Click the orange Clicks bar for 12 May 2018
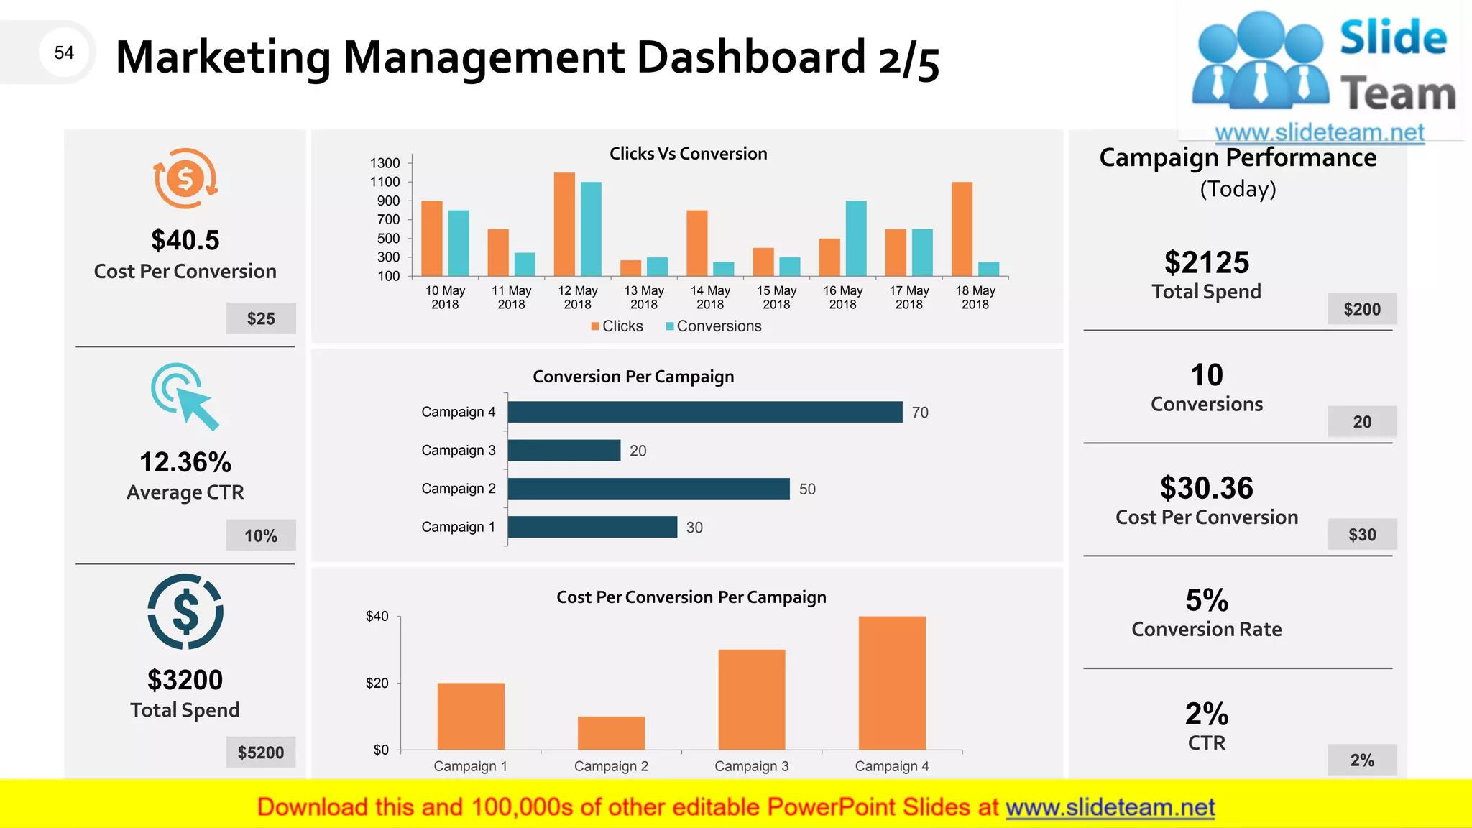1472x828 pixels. tap(564, 224)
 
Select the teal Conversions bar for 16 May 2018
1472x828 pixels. tap(856, 239)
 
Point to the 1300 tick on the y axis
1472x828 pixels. tap(385, 163)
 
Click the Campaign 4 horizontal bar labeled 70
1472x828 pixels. tap(704, 412)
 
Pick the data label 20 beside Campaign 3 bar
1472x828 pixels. tap(638, 451)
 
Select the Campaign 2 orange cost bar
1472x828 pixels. tap(611, 733)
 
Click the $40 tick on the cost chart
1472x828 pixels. tap(377, 616)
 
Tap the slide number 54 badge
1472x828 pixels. tap(64, 52)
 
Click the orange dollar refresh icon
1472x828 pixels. tap(185, 178)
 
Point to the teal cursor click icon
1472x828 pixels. tap(185, 396)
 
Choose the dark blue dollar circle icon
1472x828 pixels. tap(185, 612)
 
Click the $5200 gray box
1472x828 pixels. tap(261, 753)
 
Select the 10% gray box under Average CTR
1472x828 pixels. tap(261, 535)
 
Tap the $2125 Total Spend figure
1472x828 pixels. tap(1207, 262)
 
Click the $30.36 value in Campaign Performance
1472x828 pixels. tap(1207, 488)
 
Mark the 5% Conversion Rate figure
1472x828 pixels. tap(1207, 600)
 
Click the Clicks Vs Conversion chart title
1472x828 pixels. tap(688, 154)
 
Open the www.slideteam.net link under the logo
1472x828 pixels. tap(1320, 132)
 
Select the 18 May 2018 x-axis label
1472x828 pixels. tap(975, 298)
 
